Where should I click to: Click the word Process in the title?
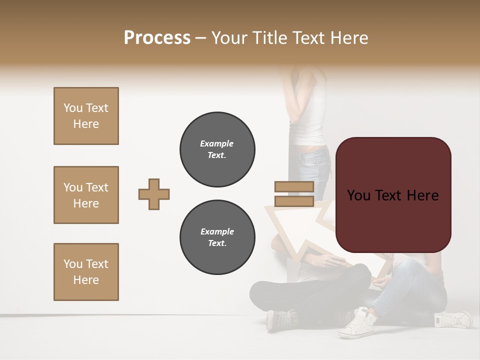pyautogui.click(x=157, y=38)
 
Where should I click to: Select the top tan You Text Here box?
pyautogui.click(x=86, y=116)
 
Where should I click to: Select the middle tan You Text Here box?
pyautogui.click(x=86, y=195)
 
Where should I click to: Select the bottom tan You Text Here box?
pyautogui.click(x=86, y=272)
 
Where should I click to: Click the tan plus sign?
pyautogui.click(x=154, y=194)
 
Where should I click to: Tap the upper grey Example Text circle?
pyautogui.click(x=217, y=149)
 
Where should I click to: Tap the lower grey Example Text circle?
pyautogui.click(x=217, y=237)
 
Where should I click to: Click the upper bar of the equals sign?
pyautogui.click(x=294, y=186)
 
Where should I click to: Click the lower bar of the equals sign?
pyautogui.click(x=294, y=201)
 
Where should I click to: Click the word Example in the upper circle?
pyautogui.click(x=217, y=143)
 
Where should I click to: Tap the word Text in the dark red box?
pyautogui.click(x=389, y=195)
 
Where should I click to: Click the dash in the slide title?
pyautogui.click(x=201, y=38)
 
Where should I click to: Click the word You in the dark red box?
pyautogui.click(x=359, y=195)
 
